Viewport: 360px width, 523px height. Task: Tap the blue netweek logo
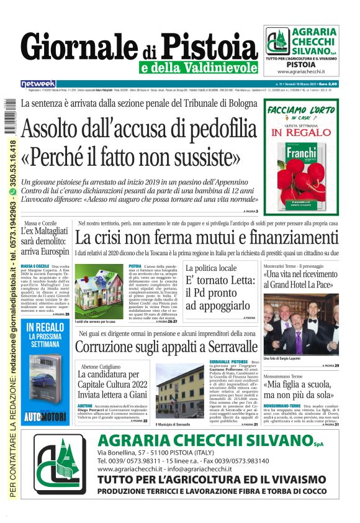click(38, 83)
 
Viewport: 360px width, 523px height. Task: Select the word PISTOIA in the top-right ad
click(301, 64)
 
